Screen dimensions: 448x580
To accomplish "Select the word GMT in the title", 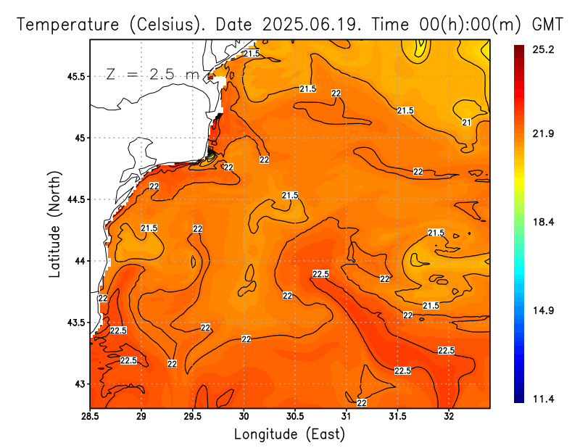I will coord(547,24).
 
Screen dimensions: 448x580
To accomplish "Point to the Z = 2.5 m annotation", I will coord(154,75).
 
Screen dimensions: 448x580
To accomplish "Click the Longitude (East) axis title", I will coord(289,434).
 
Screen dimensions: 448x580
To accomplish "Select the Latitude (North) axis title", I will coord(54,224).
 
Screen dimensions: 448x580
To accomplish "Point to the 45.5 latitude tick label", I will coord(74,76).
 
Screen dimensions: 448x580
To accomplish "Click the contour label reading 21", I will coord(467,122).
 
